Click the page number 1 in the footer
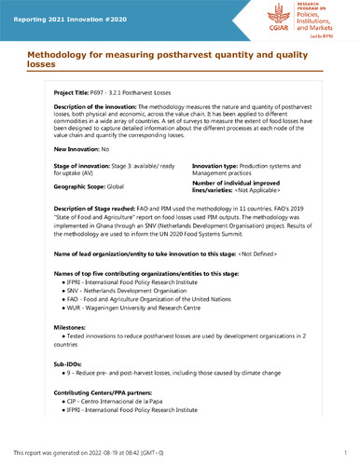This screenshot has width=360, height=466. pyautogui.click(x=345, y=451)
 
